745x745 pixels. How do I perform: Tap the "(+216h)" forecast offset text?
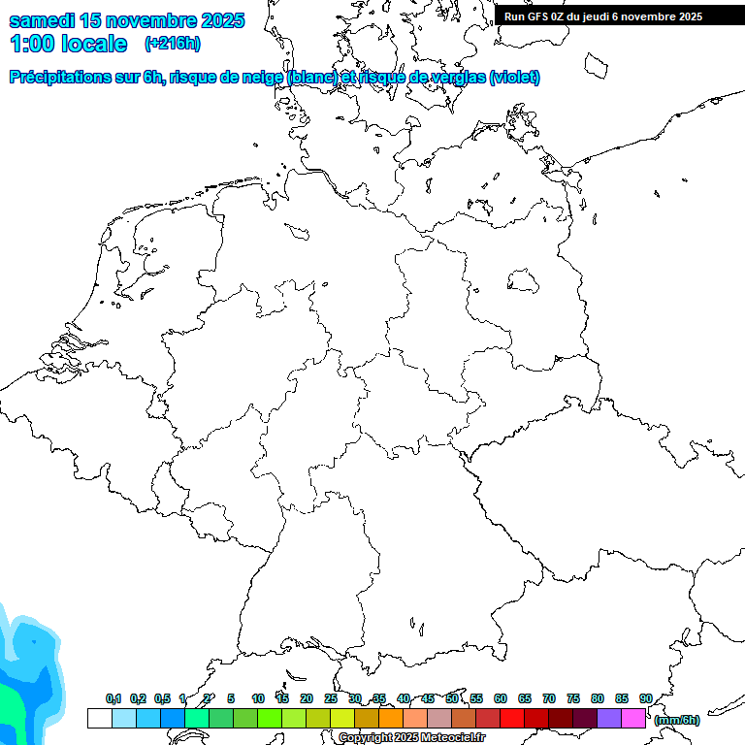coord(173,44)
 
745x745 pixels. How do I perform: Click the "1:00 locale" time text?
coord(68,44)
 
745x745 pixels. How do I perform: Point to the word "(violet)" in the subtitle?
coord(515,78)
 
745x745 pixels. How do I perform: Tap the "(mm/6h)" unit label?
coord(677,720)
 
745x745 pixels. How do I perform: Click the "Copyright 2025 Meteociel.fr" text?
coord(411,738)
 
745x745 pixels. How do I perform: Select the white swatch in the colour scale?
coord(99,719)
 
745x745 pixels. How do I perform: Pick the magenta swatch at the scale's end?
coord(633,719)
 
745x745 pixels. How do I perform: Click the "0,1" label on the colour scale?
coord(113,698)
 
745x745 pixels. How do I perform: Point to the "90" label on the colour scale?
coord(646,698)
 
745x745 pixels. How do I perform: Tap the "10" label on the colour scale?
coord(258,698)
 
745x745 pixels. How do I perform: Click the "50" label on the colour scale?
coord(452,698)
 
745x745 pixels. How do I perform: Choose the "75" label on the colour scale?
coord(573,698)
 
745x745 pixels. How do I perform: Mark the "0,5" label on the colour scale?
coord(162,698)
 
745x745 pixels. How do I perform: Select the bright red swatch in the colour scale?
coord(512,719)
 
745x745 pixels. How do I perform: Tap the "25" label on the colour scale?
coord(331,698)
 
